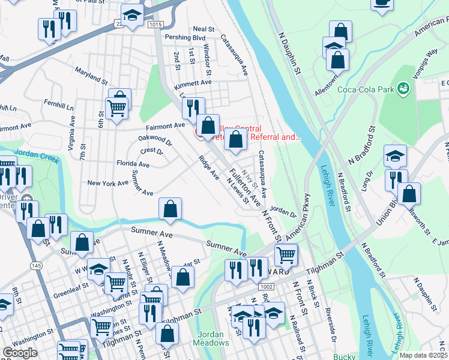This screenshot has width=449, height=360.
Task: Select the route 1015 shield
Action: tap(155, 24)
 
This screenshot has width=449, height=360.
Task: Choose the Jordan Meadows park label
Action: tap(211, 338)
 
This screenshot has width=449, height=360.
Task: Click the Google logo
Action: tap(20, 353)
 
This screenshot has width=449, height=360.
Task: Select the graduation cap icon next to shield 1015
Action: tap(132, 14)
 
